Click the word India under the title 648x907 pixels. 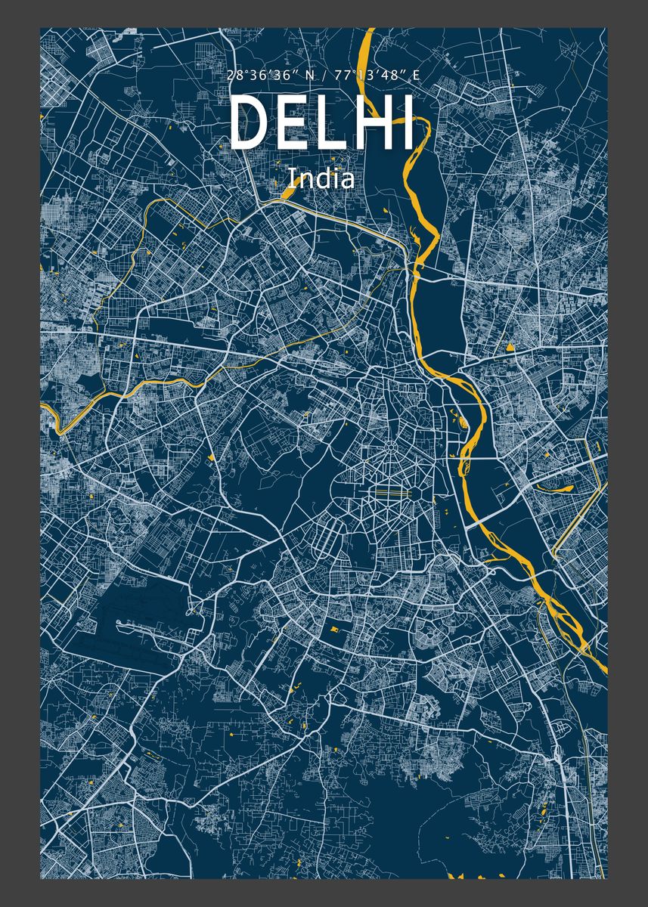321,178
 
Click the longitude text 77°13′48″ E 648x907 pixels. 373,75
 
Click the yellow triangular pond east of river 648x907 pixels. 511,347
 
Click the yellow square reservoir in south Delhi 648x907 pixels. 333,627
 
